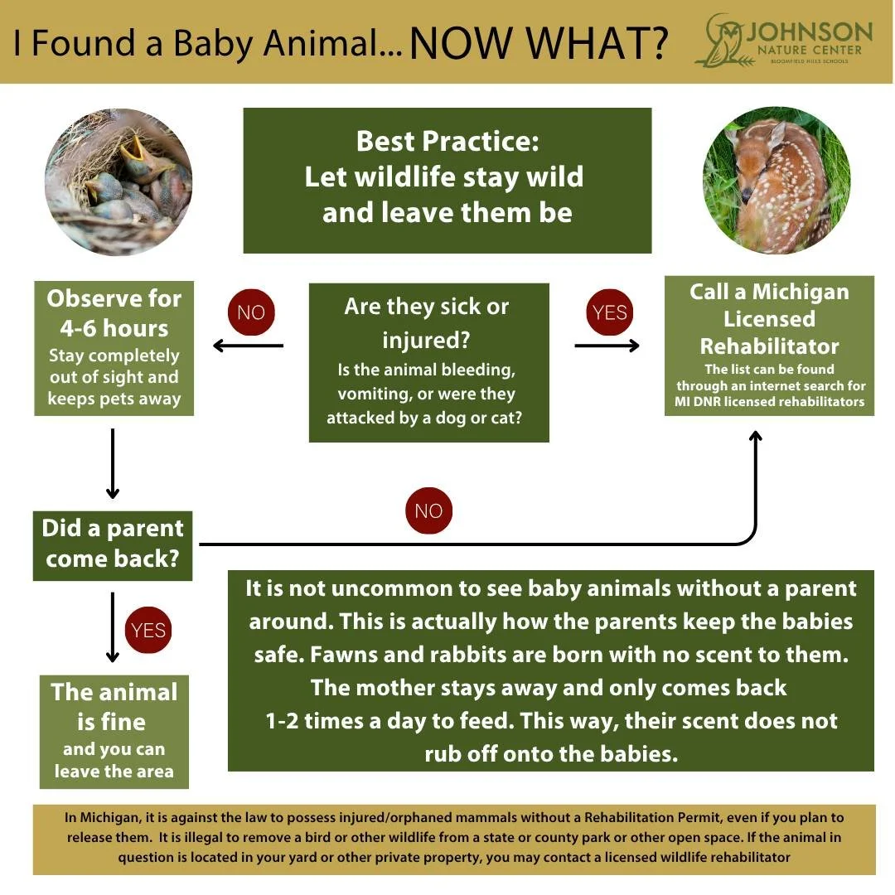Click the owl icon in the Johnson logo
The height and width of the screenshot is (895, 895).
point(718,40)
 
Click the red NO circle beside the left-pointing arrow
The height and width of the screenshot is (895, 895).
point(250,312)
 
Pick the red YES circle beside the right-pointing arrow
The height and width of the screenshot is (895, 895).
point(610,312)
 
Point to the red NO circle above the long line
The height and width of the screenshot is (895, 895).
point(428,510)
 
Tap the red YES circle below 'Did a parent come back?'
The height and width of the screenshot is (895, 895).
point(148,630)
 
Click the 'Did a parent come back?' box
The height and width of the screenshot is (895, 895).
point(113,544)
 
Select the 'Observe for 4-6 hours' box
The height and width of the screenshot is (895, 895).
point(114,349)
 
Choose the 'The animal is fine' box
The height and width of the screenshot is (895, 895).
point(114,732)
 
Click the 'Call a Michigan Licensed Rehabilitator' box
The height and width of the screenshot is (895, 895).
point(769,346)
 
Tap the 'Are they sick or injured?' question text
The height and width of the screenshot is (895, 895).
point(426,322)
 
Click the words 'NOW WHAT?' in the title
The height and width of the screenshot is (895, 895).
point(539,43)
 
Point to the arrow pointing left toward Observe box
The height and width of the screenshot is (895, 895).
point(247,346)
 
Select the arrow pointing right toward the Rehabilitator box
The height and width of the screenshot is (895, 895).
point(607,346)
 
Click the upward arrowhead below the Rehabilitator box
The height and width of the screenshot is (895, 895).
point(755,436)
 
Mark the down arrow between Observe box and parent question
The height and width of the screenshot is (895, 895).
point(113,464)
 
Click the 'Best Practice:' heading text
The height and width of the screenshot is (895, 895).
point(447,141)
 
